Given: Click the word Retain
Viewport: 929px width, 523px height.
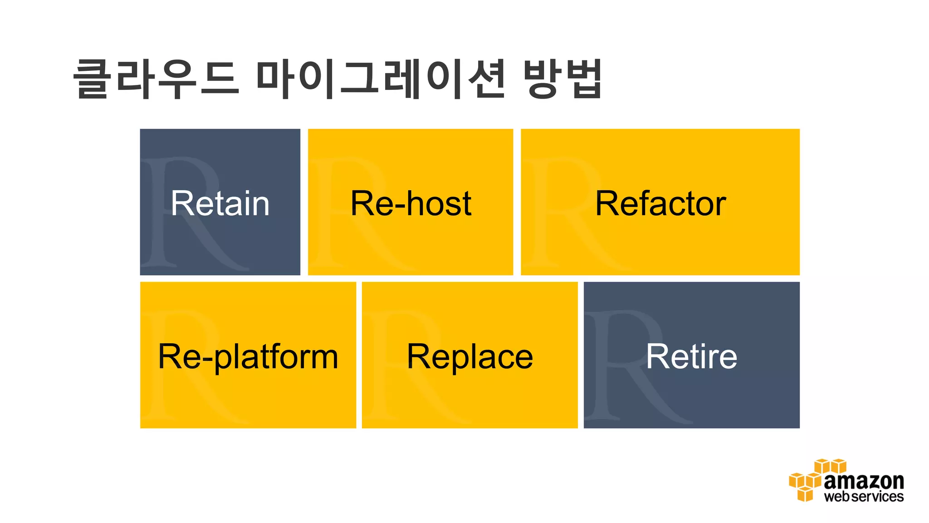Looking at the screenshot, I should point(220,203).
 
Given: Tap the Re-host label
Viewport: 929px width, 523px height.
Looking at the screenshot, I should point(411,203).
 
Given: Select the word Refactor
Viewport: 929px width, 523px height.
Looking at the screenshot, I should point(660,203).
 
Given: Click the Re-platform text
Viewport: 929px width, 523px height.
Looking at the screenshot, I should point(248,357).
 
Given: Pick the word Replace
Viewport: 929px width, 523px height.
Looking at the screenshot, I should point(469,357).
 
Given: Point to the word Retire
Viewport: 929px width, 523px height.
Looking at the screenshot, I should point(691,357).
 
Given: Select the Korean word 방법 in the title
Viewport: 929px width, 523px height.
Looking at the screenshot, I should point(562,79).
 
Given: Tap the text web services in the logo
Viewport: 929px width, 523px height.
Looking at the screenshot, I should point(863,496).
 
